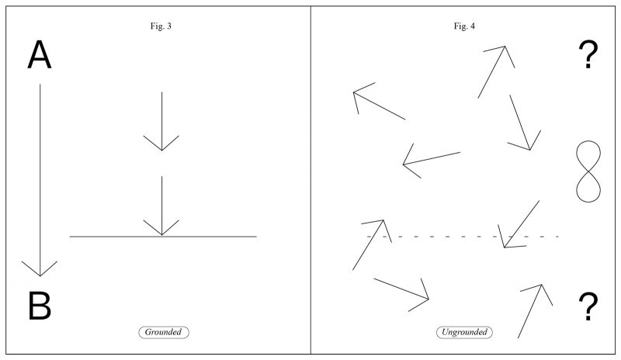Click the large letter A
coord(40,56)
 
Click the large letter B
coord(40,306)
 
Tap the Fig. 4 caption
coord(465,26)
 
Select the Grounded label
coord(164,332)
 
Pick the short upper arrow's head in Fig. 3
coord(161,146)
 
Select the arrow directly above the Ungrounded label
coord(401,289)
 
